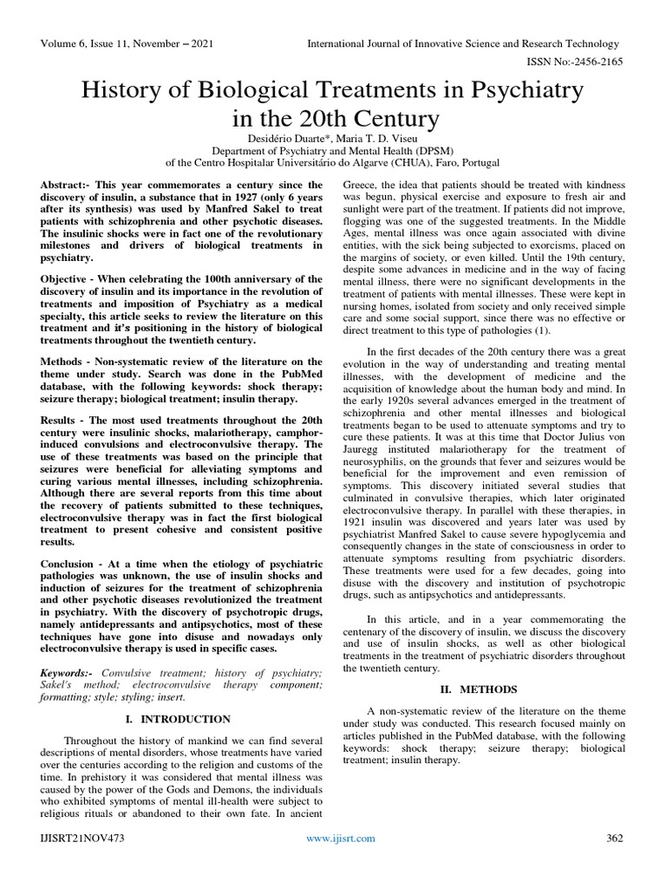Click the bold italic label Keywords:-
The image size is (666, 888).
(69, 674)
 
